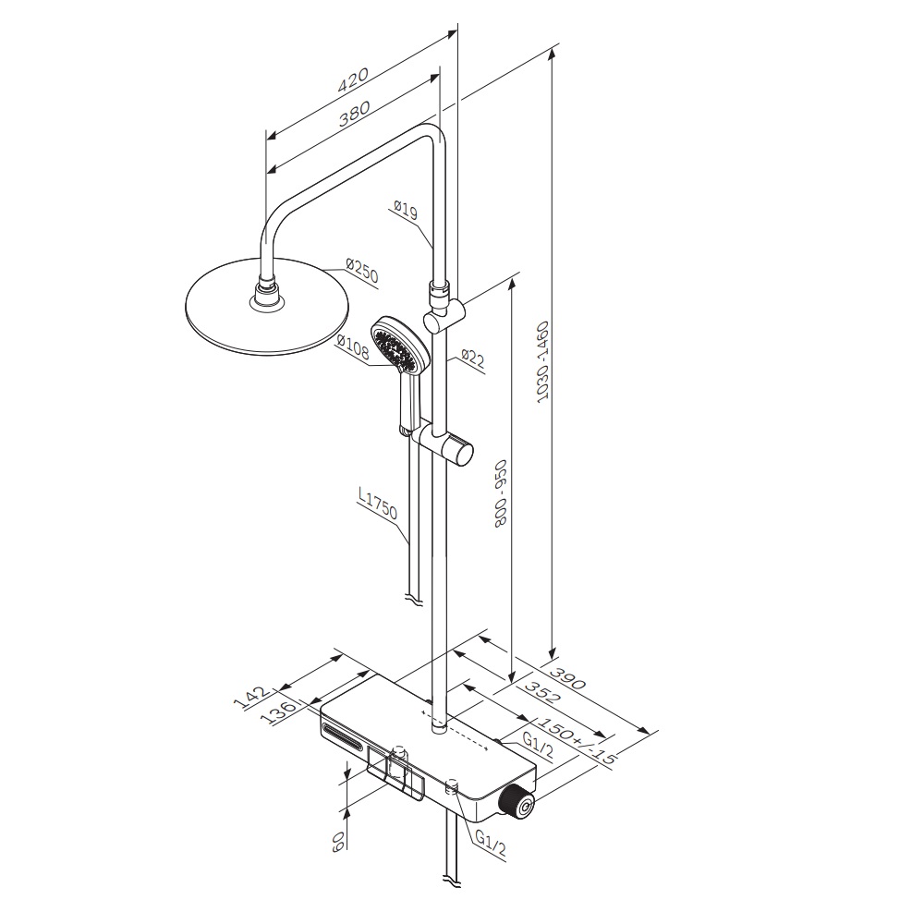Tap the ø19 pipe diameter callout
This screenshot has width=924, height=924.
(406, 211)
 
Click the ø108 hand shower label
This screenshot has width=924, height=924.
(353, 347)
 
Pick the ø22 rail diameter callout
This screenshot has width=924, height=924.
(472, 359)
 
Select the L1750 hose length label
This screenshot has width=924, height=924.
(378, 504)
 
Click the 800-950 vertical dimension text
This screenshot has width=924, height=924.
(501, 493)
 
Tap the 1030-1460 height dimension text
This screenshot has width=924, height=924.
(542, 362)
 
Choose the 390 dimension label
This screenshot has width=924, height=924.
(567, 677)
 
